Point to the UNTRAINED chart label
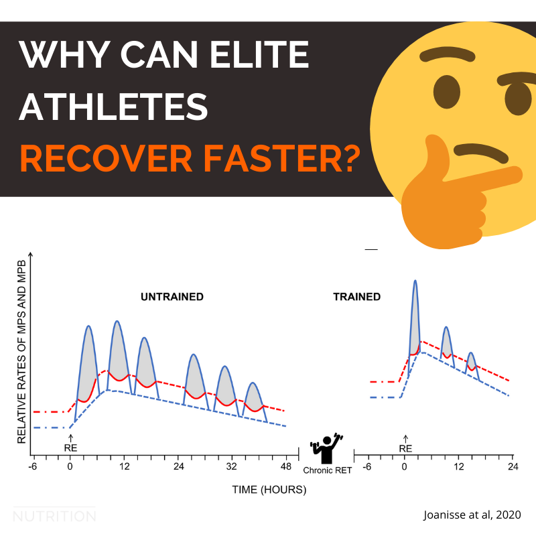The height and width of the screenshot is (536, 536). click(172, 296)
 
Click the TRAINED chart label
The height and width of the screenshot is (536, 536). click(356, 296)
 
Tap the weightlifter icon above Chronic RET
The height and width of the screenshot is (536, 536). click(326, 448)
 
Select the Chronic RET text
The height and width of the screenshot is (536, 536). click(326, 470)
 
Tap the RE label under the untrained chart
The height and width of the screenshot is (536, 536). click(70, 448)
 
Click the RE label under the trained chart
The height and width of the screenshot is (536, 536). click(405, 448)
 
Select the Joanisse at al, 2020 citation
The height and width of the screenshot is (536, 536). click(472, 515)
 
